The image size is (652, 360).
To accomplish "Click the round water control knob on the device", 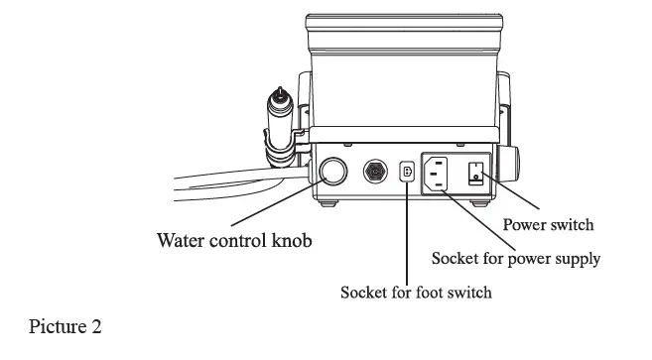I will click(x=331, y=173).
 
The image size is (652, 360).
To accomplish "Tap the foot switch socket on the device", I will click(x=407, y=173).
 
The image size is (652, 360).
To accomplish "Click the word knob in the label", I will click(x=302, y=240).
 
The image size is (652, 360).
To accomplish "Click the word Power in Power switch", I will click(x=525, y=225).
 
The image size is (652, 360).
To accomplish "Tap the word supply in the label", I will click(x=578, y=260).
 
